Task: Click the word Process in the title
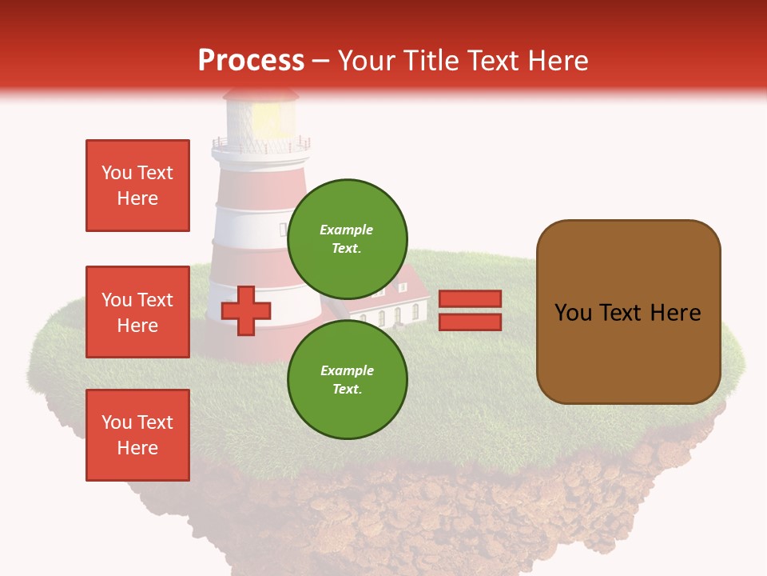[251, 61]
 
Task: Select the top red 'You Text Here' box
[137, 186]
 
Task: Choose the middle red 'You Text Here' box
[137, 312]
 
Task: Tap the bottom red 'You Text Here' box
[137, 435]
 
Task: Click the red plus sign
[246, 311]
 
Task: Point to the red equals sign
[471, 310]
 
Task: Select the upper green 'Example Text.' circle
[348, 239]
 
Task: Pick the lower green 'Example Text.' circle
[348, 379]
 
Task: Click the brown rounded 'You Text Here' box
[628, 312]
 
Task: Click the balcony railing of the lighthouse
[260, 146]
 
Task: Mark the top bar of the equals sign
[471, 299]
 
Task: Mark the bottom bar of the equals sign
[471, 322]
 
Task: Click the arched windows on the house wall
[390, 317]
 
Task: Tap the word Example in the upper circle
[347, 230]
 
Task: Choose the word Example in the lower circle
[347, 370]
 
